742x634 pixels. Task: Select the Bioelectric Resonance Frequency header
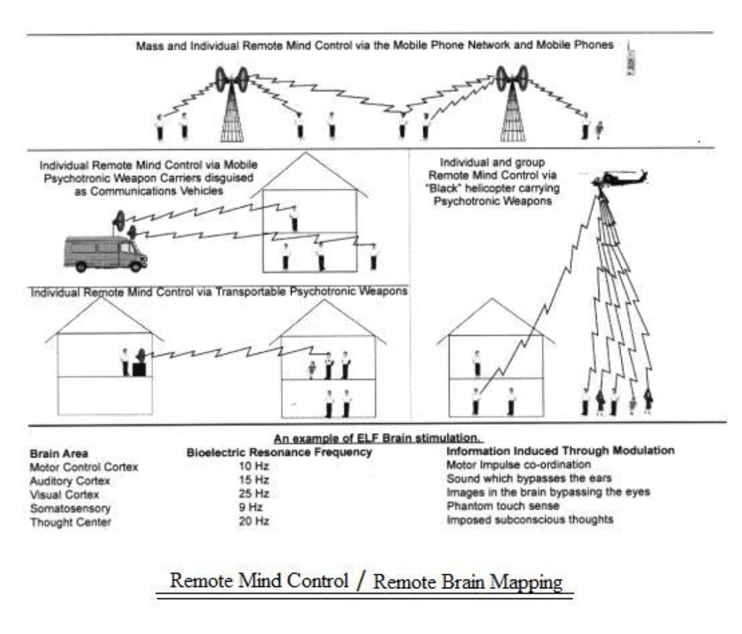[278, 453]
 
